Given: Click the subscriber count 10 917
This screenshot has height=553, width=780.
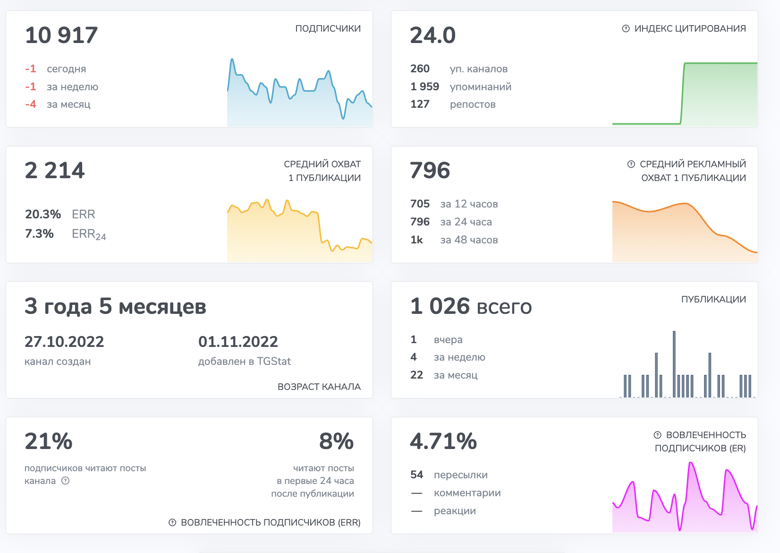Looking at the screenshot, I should point(61,36).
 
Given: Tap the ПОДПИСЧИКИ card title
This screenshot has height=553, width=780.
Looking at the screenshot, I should point(328,29).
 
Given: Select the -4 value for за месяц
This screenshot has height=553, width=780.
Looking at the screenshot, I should point(31,104).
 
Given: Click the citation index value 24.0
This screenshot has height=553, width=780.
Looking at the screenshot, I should point(432,36).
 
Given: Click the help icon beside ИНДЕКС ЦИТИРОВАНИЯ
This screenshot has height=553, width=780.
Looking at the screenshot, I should point(626,29).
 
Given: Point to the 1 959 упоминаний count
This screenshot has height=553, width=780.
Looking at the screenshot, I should point(424,87).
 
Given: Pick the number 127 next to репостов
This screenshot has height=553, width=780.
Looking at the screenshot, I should point(420,104).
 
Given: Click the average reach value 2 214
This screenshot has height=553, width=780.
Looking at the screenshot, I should point(55,171).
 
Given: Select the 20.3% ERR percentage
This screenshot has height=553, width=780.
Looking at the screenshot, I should point(43,215).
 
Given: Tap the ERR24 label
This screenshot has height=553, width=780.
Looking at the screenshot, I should point(89,234).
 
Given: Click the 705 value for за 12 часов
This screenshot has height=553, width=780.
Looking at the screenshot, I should point(420,204).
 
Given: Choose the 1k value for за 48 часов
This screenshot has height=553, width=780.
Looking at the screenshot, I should point(416,240).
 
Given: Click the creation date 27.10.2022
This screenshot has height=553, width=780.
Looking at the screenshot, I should point(64,342).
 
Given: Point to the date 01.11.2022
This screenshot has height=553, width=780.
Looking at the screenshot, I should point(238,342).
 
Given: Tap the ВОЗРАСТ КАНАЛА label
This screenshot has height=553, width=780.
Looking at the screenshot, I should point(319,387).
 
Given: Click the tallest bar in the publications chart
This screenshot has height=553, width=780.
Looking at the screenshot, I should point(674,364).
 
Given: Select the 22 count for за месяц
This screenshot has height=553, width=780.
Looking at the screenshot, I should point(416,375).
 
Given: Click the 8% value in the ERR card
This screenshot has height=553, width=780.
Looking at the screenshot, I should point(336,441).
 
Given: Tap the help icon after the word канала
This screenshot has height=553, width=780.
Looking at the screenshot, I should point(66,481).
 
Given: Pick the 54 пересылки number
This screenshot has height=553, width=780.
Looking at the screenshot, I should point(416,475).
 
